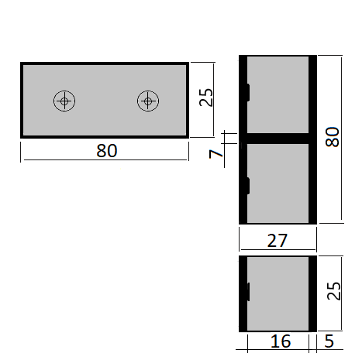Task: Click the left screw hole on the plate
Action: click(x=65, y=100)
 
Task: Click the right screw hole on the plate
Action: click(x=147, y=100)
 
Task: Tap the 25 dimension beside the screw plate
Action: click(x=205, y=98)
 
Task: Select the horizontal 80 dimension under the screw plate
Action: click(x=107, y=151)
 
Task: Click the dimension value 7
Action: click(x=217, y=154)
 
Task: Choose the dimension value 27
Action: click(x=278, y=242)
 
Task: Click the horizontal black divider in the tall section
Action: click(x=278, y=138)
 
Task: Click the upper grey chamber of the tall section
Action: click(x=278, y=94)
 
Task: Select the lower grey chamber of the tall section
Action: click(x=278, y=183)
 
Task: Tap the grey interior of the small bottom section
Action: click(x=278, y=290)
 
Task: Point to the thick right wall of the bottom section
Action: click(x=313, y=291)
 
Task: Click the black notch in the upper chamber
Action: click(x=247, y=91)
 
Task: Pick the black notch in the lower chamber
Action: click(x=247, y=183)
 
